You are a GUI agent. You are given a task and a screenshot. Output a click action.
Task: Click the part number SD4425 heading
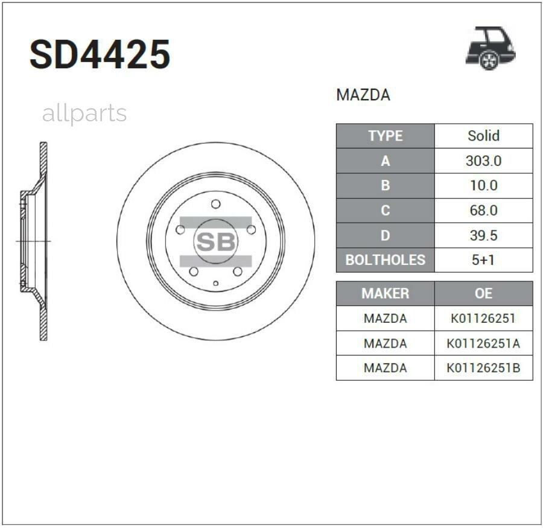pyautogui.click(x=100, y=55)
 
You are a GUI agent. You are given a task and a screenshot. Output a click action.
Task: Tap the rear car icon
pyautogui.click(x=490, y=48)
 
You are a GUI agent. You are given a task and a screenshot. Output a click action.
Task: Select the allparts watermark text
pyautogui.click(x=84, y=113)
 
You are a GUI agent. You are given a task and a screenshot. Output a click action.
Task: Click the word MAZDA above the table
pyautogui.click(x=363, y=95)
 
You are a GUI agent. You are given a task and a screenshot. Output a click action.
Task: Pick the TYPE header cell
pyautogui.click(x=385, y=136)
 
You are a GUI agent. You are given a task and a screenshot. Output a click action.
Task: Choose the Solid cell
pyautogui.click(x=483, y=136)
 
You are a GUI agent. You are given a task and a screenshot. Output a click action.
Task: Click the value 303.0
pyautogui.click(x=483, y=161)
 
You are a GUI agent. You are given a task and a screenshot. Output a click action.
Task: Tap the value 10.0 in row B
pyautogui.click(x=483, y=186)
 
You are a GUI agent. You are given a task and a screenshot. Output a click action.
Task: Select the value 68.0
pyautogui.click(x=483, y=211)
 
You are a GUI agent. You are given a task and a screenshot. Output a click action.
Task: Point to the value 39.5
pyautogui.click(x=483, y=235)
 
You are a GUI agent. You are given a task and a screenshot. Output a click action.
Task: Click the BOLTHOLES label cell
pyautogui.click(x=385, y=260)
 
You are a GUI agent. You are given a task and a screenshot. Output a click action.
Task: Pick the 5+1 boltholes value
pyautogui.click(x=483, y=260)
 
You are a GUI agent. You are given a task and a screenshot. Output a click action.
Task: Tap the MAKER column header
pyautogui.click(x=385, y=293)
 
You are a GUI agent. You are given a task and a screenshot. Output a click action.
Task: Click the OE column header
pyautogui.click(x=483, y=293)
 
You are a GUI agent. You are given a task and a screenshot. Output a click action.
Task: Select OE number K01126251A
pyautogui.click(x=483, y=343)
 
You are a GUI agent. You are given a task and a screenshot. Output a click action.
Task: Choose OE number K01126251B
pyautogui.click(x=483, y=367)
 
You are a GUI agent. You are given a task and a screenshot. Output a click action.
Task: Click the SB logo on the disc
pyautogui.click(x=215, y=242)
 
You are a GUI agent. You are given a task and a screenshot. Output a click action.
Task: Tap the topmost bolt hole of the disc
pyautogui.click(x=215, y=204)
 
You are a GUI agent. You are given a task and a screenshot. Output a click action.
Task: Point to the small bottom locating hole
pyautogui.click(x=215, y=282)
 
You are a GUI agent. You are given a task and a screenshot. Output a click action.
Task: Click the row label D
pyautogui.click(x=385, y=235)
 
